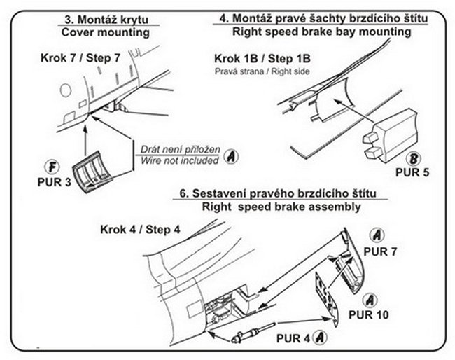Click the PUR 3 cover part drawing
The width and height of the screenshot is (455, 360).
pyautogui.click(x=94, y=172)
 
